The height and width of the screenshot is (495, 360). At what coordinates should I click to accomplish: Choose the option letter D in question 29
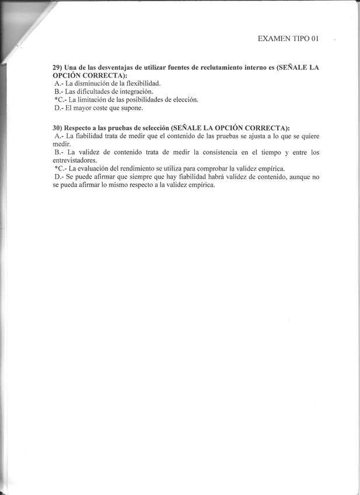pyautogui.click(x=57, y=107)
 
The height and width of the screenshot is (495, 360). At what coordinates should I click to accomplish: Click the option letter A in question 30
pyautogui.click(x=57, y=136)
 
